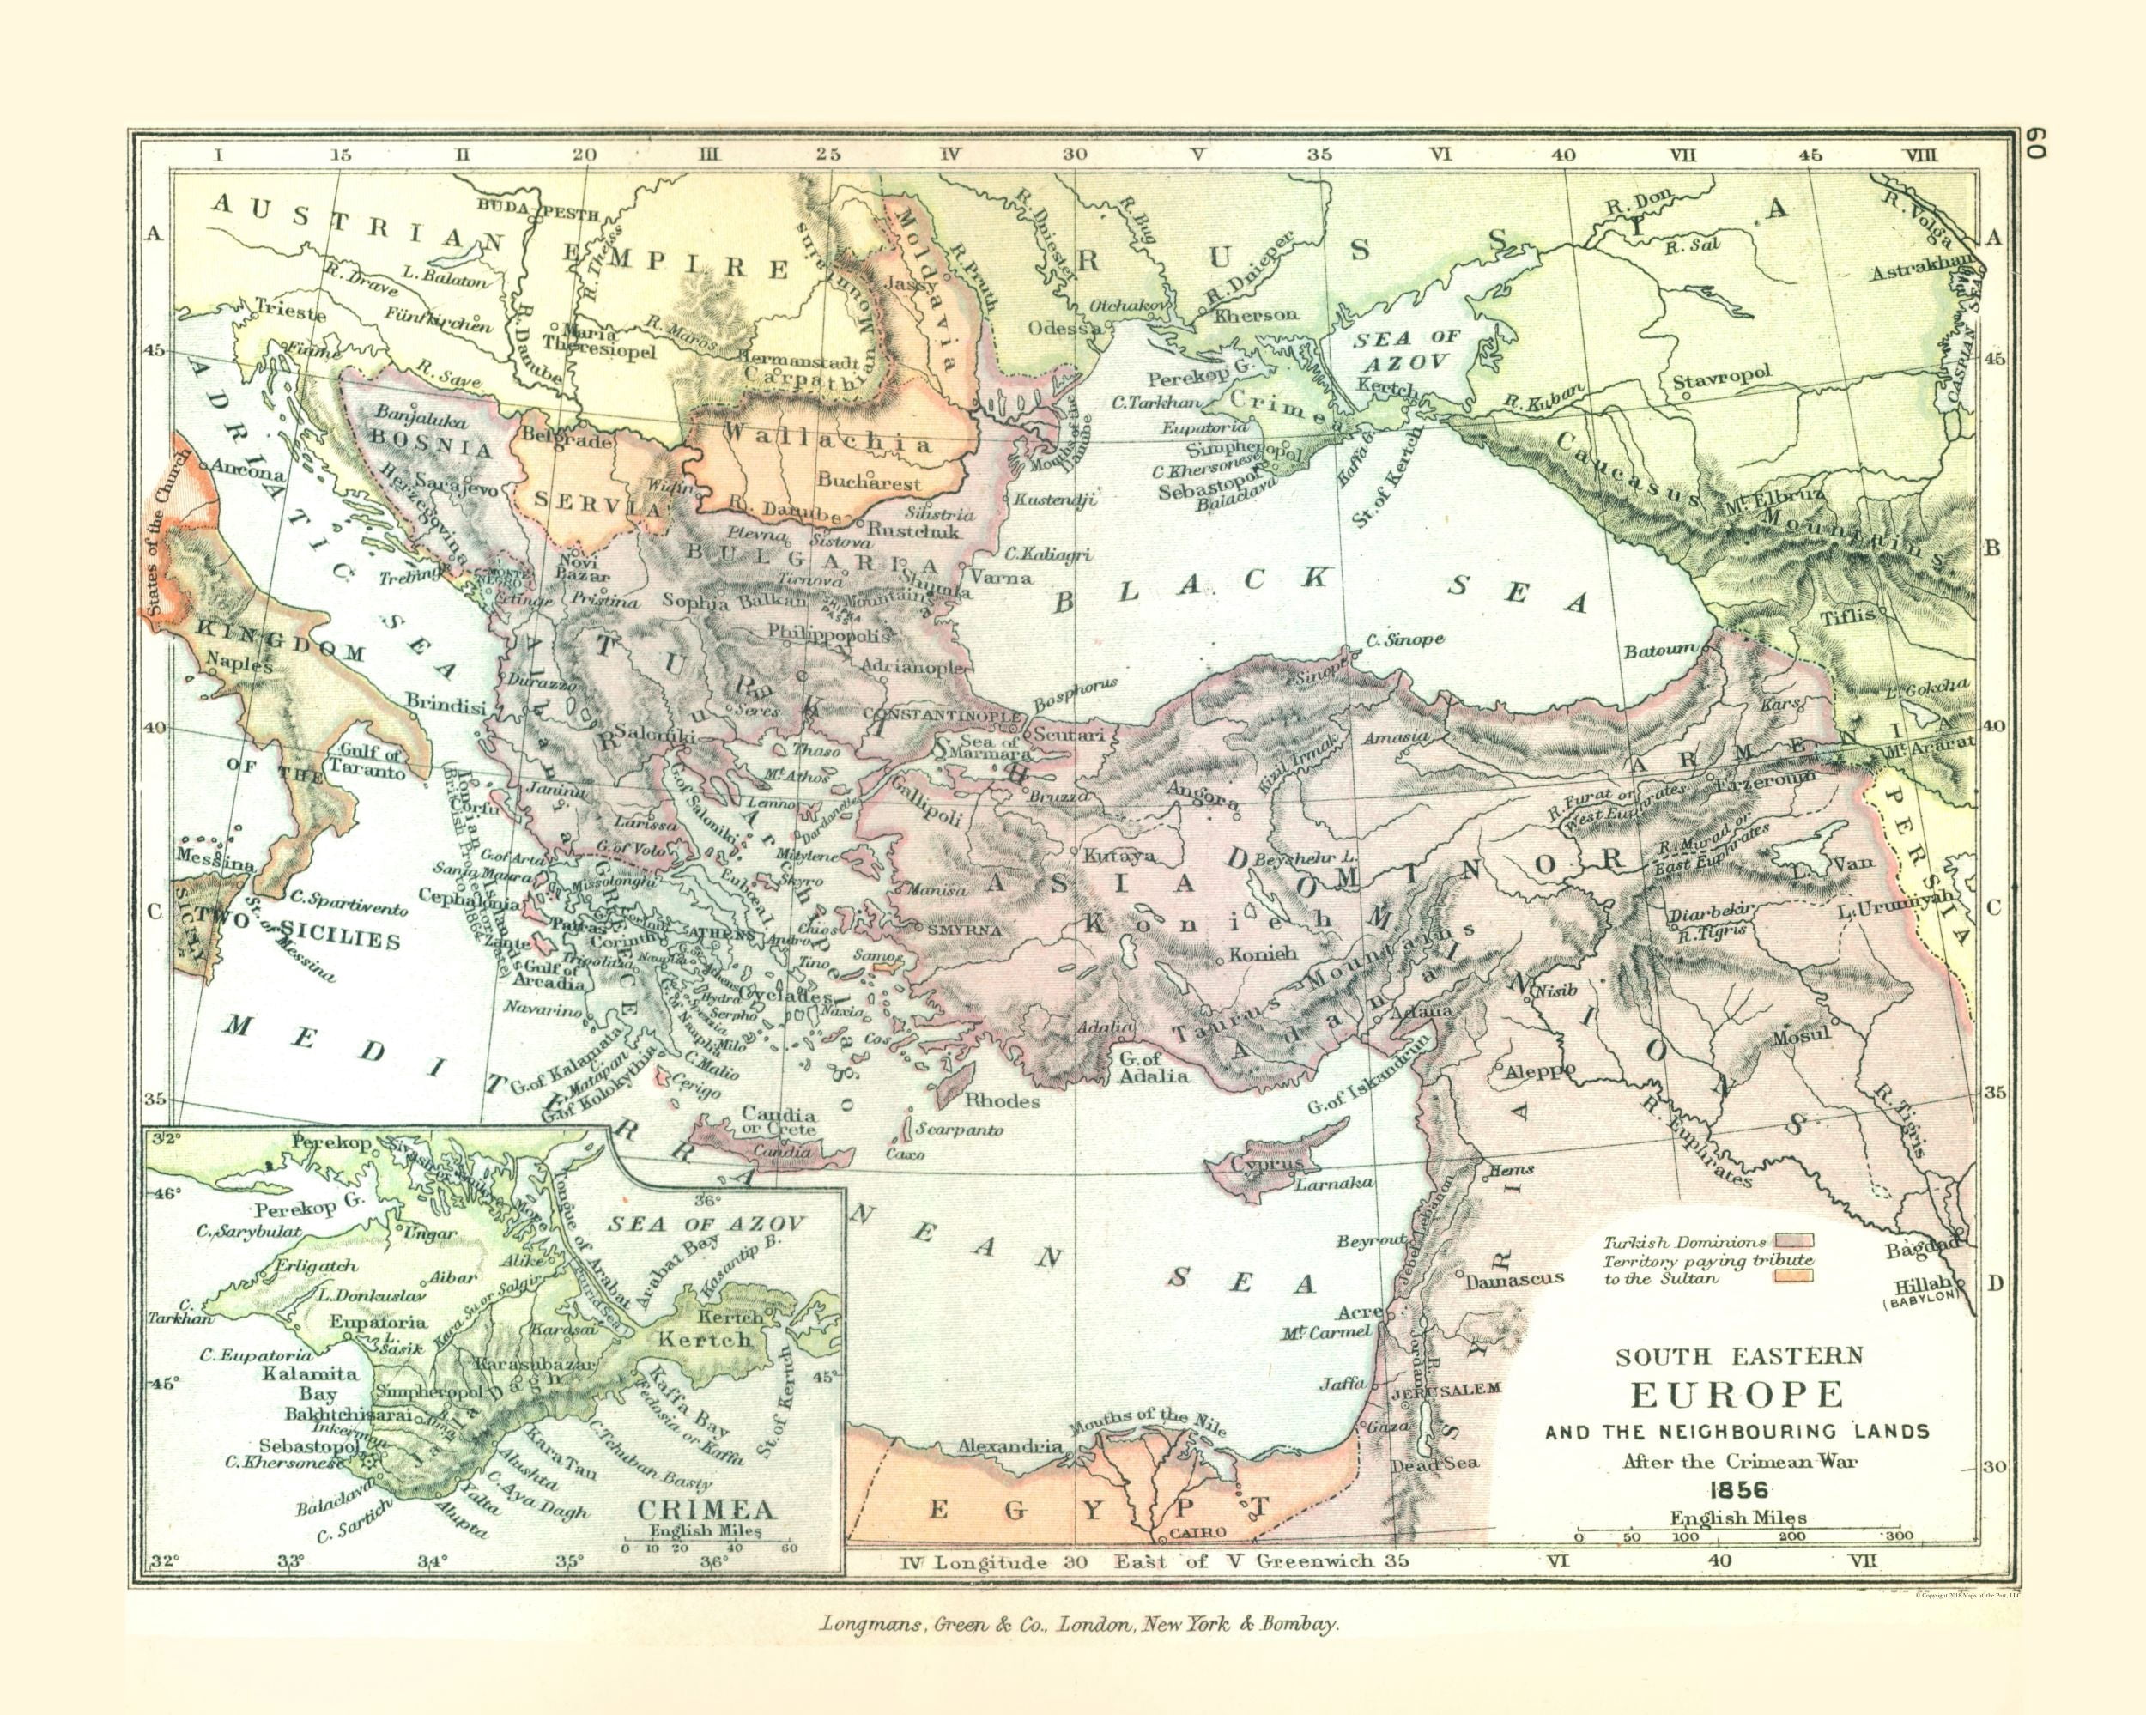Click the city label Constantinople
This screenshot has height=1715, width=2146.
941,716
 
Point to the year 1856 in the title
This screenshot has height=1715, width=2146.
1739,1490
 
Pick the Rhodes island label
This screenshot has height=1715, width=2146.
1003,1100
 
